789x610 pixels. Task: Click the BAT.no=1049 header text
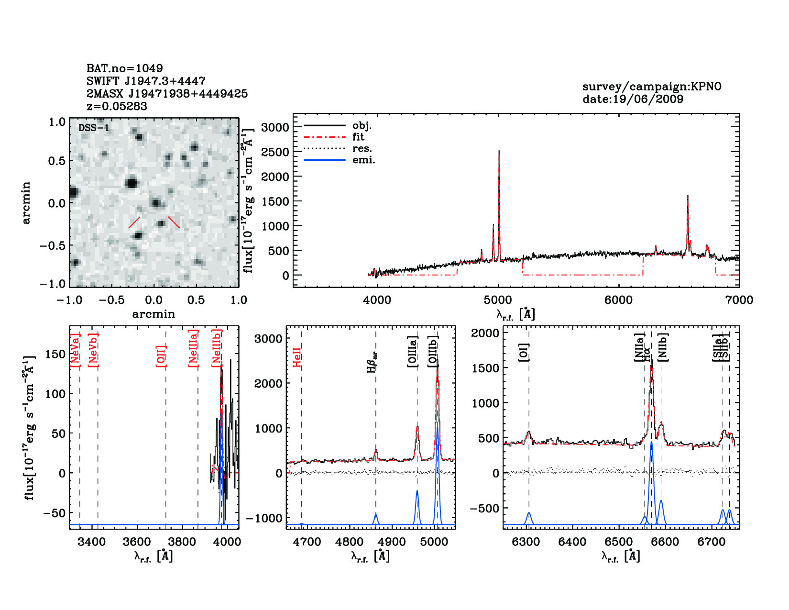pyautogui.click(x=124, y=68)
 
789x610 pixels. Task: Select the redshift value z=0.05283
pyautogui.click(x=117, y=106)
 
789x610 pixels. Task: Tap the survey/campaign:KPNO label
pyautogui.click(x=651, y=87)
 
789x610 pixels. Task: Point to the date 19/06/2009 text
pyautogui.click(x=633, y=99)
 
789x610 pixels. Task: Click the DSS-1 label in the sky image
pyautogui.click(x=94, y=128)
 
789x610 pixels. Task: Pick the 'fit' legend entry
pyautogui.click(x=358, y=137)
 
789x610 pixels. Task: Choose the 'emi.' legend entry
pyautogui.click(x=363, y=160)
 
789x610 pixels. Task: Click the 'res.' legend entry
pyautogui.click(x=362, y=148)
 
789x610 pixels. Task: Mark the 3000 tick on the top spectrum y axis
pyautogui.click(x=275, y=127)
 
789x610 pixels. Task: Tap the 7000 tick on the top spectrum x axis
pyautogui.click(x=739, y=300)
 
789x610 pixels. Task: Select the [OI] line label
pyautogui.click(x=524, y=352)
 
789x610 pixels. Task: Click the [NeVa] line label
pyautogui.click(x=75, y=350)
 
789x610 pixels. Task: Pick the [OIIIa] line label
pyautogui.click(x=412, y=352)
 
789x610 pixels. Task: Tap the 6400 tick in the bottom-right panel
pyautogui.click(x=572, y=542)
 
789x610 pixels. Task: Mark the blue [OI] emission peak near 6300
pyautogui.click(x=529, y=513)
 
